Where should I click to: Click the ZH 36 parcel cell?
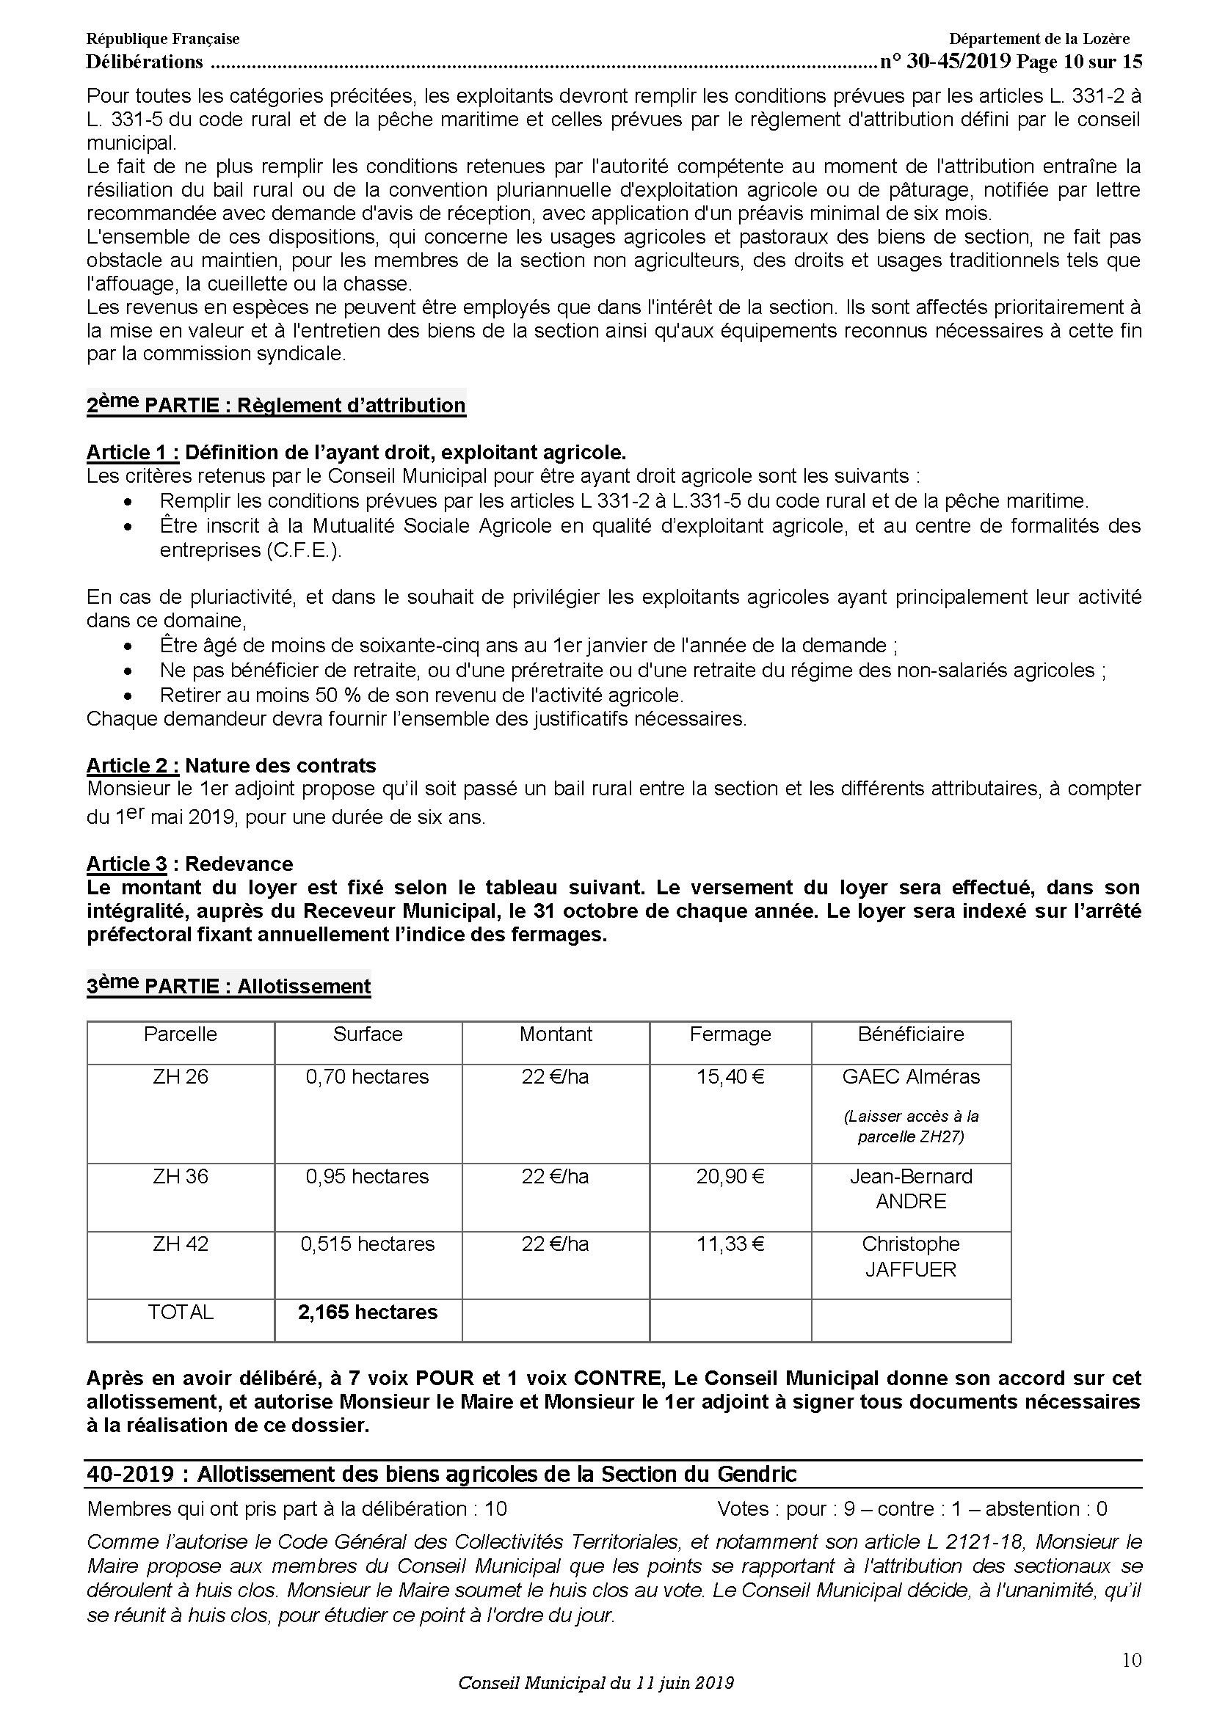180,1176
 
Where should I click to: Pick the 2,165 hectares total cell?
367,1312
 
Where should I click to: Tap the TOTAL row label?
180,1312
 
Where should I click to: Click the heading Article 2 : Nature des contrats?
231,765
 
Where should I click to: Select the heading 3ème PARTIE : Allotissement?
229,986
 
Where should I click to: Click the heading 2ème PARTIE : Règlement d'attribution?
276,405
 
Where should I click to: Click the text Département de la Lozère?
1039,39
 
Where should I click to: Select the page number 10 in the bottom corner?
1131,1661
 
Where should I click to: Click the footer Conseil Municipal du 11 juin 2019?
596,1683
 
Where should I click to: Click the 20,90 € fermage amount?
730,1176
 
